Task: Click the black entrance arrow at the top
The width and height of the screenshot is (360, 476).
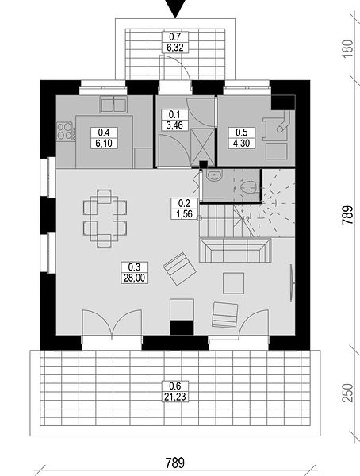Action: [175, 8]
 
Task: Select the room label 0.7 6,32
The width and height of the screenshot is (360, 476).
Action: [174, 42]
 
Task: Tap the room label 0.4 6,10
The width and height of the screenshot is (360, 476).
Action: [104, 138]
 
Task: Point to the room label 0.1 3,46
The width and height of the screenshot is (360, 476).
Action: [174, 120]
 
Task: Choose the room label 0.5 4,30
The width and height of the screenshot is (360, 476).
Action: [242, 138]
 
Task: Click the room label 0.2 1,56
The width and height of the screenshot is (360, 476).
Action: [185, 209]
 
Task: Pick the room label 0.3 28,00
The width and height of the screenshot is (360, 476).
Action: [135, 273]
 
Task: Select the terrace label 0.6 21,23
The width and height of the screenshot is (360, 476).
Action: [175, 391]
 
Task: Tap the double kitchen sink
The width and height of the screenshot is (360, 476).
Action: [114, 105]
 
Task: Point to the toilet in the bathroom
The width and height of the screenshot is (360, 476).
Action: [250, 187]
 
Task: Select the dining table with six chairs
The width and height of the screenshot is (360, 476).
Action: [105, 219]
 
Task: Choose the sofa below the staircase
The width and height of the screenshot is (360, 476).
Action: [236, 250]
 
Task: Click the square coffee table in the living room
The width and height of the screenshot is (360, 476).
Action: [233, 283]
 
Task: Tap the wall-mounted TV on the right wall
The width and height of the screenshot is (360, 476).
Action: [292, 283]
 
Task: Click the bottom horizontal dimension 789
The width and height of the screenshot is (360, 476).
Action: [175, 463]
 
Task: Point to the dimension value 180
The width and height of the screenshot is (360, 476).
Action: [348, 47]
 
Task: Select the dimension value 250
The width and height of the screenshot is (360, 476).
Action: [348, 393]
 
